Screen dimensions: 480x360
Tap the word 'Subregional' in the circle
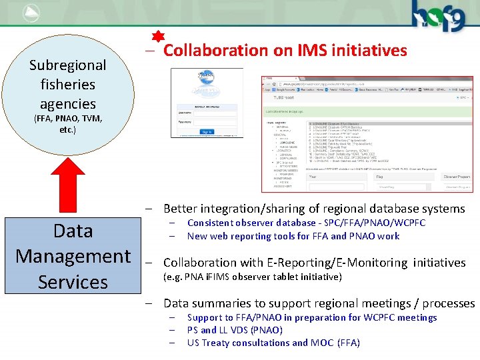click(x=67, y=65)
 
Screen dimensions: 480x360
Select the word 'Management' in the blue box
click(x=73, y=256)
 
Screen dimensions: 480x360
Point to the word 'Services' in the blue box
click(x=73, y=282)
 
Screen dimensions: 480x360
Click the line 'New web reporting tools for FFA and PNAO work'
click(x=293, y=236)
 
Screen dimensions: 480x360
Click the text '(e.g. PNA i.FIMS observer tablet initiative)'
click(x=253, y=277)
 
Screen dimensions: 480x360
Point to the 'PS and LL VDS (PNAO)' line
click(x=235, y=330)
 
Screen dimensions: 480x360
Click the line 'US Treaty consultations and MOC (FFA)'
click(x=273, y=343)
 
